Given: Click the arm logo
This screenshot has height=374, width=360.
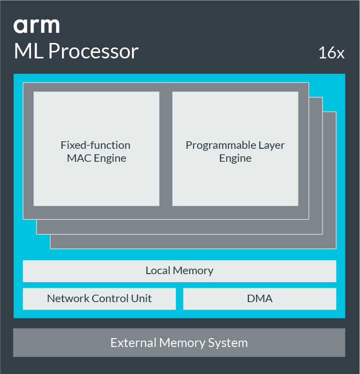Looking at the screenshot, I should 36,26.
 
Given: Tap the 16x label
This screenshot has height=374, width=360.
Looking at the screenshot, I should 331,53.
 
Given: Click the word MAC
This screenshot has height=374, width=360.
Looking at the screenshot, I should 78,159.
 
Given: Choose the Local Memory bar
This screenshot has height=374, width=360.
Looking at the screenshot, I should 179,271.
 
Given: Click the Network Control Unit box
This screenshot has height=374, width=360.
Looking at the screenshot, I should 99,299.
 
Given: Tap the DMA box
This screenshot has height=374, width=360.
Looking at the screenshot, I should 259,299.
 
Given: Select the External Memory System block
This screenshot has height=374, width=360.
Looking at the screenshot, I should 179,343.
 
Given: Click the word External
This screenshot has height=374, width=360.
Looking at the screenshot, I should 133,343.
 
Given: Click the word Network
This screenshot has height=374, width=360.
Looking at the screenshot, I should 66,299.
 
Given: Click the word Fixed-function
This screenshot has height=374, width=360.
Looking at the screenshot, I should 95,145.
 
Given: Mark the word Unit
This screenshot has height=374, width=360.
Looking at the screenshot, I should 142,299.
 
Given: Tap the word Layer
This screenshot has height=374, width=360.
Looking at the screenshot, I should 271,145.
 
